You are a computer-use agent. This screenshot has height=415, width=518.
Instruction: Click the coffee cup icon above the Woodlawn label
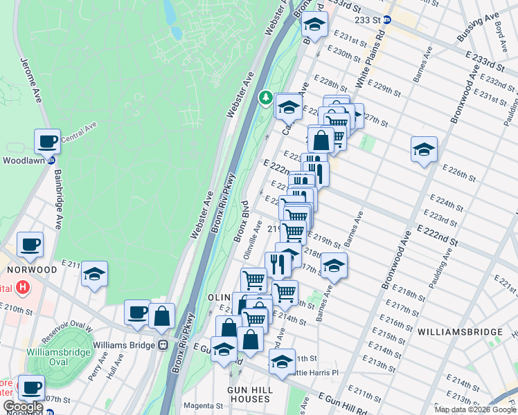coord(47,141)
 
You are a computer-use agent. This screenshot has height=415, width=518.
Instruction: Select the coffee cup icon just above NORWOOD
coord(30,244)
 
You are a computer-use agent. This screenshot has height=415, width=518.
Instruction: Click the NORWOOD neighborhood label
coord(32,268)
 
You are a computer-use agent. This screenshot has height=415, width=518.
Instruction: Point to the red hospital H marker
coord(23,287)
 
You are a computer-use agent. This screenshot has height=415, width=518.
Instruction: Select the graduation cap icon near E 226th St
coord(424,149)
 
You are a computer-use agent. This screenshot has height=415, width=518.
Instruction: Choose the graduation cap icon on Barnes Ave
coord(334,266)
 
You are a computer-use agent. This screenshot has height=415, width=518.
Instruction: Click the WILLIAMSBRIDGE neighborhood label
coord(460,332)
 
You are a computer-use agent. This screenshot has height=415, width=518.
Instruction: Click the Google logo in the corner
coord(23,407)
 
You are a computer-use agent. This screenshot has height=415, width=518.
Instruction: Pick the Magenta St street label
coord(202,405)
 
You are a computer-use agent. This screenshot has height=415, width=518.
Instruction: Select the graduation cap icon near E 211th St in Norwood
coord(94,273)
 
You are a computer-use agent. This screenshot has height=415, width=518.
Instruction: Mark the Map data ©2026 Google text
coord(475,409)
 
